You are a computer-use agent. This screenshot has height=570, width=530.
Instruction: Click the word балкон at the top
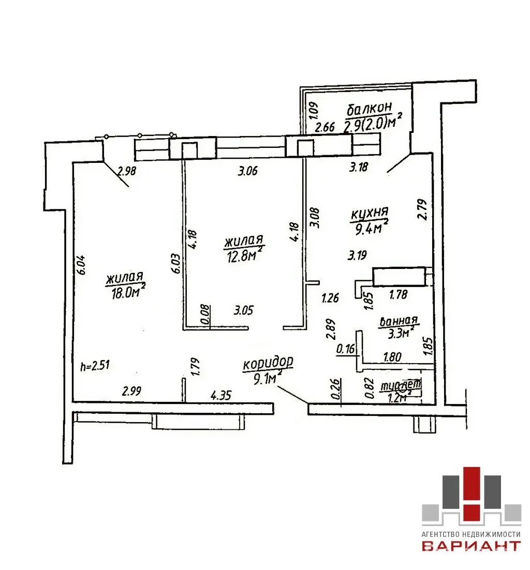[370, 109]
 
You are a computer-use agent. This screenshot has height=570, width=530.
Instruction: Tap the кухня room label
[370, 214]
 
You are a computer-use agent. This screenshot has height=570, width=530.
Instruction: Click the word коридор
[268, 363]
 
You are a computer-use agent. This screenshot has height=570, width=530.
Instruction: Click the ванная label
[399, 322]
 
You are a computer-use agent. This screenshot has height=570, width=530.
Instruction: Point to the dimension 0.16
[345, 350]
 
